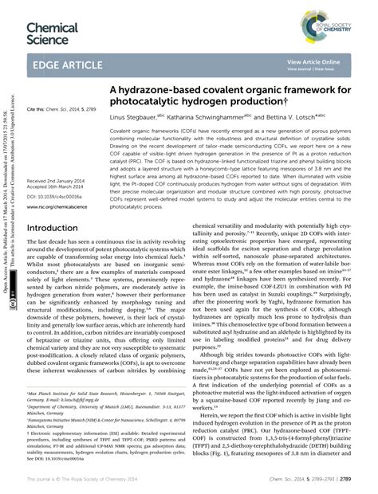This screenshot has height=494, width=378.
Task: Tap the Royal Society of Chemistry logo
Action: pos(344,18)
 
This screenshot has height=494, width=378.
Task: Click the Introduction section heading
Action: pos(57,227)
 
